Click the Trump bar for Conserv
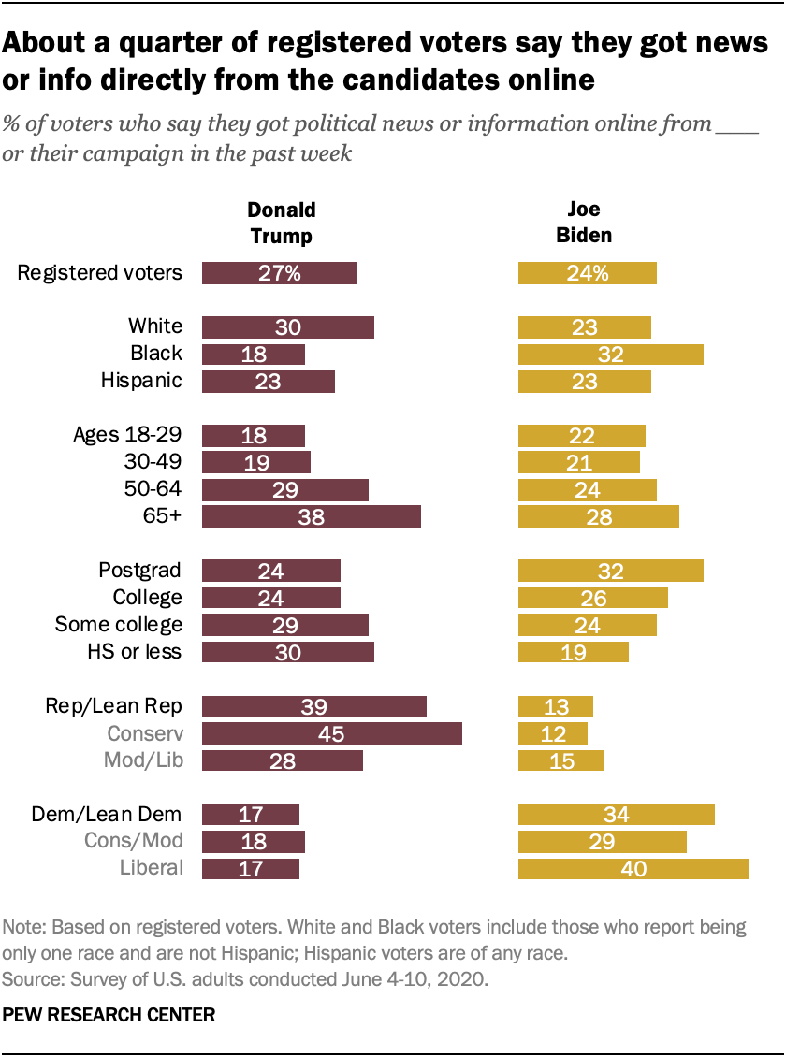click(332, 733)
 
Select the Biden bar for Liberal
click(633, 868)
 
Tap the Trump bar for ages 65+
click(312, 516)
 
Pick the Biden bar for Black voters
click(611, 354)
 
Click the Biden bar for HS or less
click(574, 652)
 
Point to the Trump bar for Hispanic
click(269, 381)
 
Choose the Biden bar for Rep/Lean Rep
click(556, 706)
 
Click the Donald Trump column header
click(281, 223)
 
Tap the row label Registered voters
click(100, 273)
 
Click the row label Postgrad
click(140, 571)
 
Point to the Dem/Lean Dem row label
click(112, 814)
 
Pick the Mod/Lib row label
click(141, 760)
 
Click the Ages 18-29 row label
click(127, 435)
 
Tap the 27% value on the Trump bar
click(281, 273)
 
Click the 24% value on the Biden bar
click(589, 273)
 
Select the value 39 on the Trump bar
click(314, 706)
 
